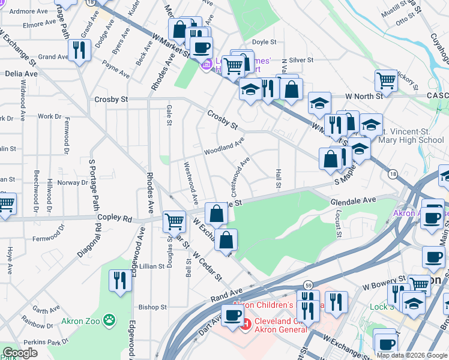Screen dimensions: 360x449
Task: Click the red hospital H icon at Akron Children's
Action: (244, 325)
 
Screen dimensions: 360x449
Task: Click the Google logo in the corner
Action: (19, 353)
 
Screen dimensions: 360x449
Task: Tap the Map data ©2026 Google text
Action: (412, 355)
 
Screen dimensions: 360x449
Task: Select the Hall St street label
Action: (278, 178)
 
